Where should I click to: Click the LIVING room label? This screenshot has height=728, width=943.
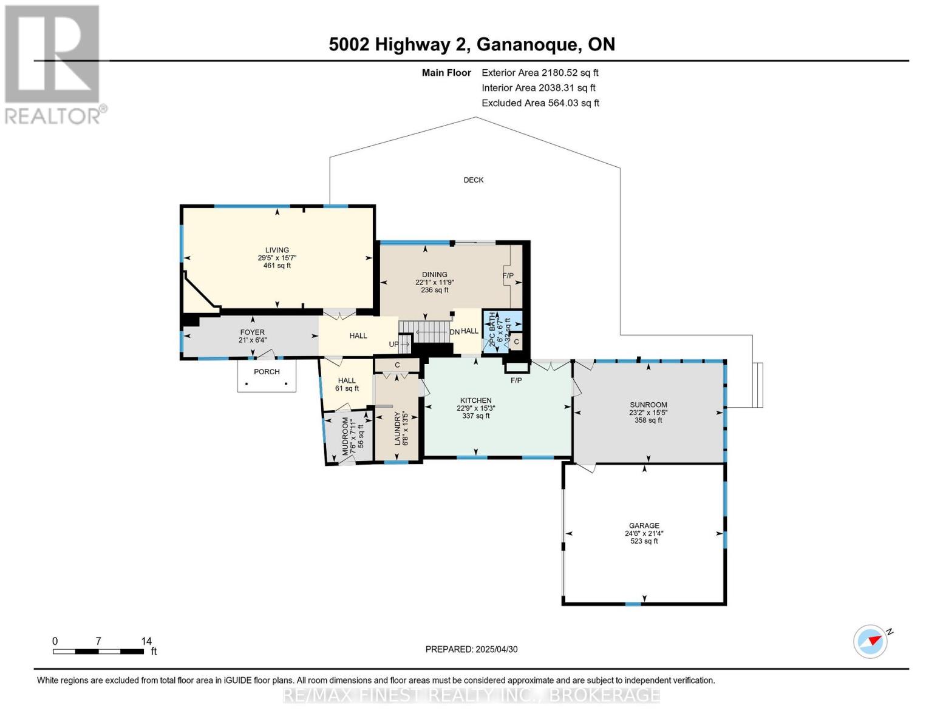pyautogui.click(x=277, y=251)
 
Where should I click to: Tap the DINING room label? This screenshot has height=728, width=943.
pyautogui.click(x=435, y=275)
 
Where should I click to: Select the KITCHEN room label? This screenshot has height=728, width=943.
pyautogui.click(x=476, y=401)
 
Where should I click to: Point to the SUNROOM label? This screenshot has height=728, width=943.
pyautogui.click(x=648, y=405)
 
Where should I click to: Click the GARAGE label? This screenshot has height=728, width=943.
pyautogui.click(x=644, y=526)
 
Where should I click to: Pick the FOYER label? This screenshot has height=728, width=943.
pyautogui.click(x=252, y=332)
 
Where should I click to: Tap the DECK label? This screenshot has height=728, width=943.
pyautogui.click(x=474, y=180)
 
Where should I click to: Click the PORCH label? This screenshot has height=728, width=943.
pyautogui.click(x=267, y=372)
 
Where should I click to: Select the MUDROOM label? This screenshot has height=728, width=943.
pyautogui.click(x=346, y=436)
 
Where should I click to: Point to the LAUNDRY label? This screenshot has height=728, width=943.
pyautogui.click(x=398, y=428)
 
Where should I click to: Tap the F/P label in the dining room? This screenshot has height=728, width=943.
pyautogui.click(x=508, y=276)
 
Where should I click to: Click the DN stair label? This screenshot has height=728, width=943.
pyautogui.click(x=454, y=332)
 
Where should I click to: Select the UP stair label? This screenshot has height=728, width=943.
pyautogui.click(x=394, y=345)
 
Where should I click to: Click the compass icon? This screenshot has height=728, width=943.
pyautogui.click(x=871, y=641)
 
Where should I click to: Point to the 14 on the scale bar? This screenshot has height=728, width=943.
pyautogui.click(x=146, y=641)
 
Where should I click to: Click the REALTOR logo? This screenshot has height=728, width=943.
pyautogui.click(x=53, y=64)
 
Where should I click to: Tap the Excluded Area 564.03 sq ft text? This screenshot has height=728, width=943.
pyautogui.click(x=540, y=103)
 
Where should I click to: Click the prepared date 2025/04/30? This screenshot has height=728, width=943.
pyautogui.click(x=496, y=649)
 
